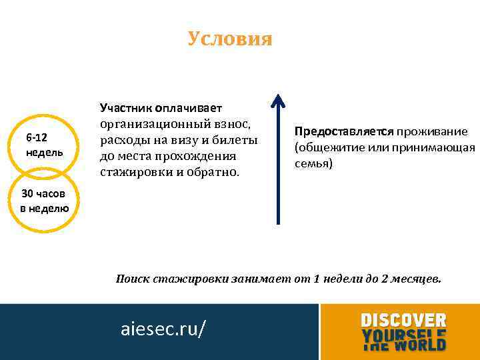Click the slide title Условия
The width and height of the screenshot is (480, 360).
click(230, 39)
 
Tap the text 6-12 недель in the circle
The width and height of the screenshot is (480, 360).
click(45, 145)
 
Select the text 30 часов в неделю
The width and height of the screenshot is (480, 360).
click(45, 201)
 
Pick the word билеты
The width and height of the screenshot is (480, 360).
click(234, 140)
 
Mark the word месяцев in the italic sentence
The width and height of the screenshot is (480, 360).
click(417, 279)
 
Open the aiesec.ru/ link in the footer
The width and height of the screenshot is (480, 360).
click(163, 328)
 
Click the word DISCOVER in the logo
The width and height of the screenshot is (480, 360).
click(403, 320)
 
